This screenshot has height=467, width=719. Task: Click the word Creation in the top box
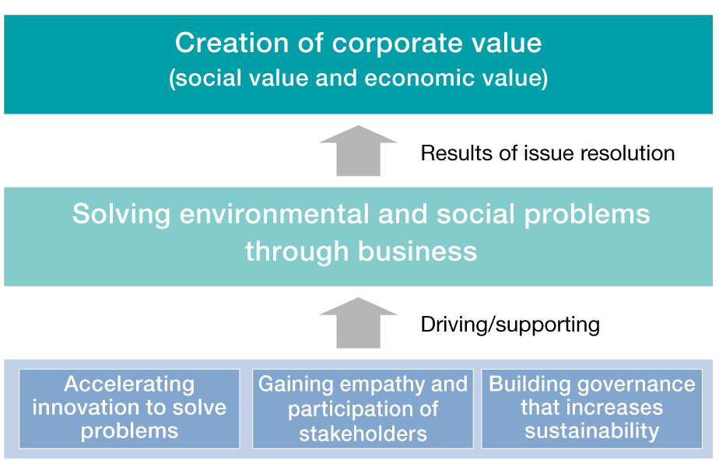232,43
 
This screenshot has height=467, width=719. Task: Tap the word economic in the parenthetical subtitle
419,78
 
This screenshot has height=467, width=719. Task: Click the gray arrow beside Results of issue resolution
358,150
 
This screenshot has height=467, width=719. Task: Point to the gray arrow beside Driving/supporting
358,323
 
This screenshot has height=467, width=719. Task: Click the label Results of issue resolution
548,153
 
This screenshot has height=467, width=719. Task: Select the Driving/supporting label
510,325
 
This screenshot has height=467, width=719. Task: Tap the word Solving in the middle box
121,215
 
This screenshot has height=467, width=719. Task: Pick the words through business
361,251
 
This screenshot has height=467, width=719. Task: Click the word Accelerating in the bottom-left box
129,384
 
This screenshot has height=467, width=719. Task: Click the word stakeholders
363,433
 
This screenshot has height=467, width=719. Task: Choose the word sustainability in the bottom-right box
592,431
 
